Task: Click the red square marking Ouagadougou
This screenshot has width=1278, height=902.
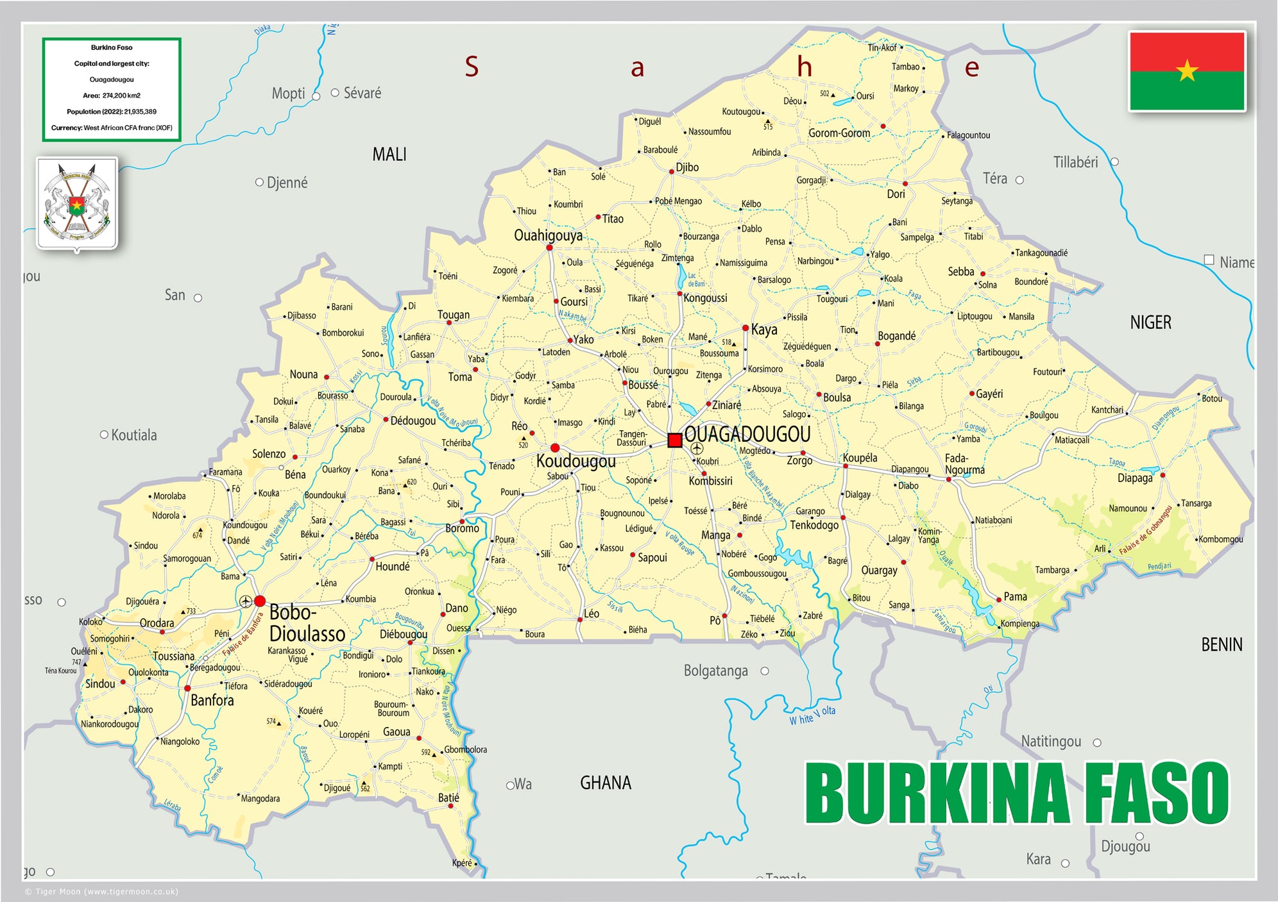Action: point(674,440)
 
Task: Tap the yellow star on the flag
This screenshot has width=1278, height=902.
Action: point(1187,71)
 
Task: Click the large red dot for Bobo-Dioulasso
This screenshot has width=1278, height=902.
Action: point(260,601)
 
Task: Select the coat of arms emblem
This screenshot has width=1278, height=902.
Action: point(77,203)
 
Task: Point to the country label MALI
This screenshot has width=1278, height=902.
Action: point(389,155)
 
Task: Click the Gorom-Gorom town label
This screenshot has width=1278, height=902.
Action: point(839,133)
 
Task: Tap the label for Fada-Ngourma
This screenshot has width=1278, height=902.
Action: point(964,464)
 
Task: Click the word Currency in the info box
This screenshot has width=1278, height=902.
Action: point(67,128)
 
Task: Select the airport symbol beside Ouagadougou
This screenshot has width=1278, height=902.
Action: point(697,448)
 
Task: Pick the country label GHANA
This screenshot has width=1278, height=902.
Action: point(605,783)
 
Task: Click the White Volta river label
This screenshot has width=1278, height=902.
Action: point(812,715)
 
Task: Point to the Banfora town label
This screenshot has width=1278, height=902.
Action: point(212,700)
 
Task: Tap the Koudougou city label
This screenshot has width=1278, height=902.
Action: point(575,462)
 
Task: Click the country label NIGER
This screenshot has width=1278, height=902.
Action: point(1150,322)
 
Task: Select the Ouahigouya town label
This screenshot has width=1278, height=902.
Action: point(548,235)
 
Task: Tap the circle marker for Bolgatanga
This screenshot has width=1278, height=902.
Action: point(764,671)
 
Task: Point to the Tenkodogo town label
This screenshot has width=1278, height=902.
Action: point(814,525)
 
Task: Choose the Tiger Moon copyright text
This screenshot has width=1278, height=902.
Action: point(101,891)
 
